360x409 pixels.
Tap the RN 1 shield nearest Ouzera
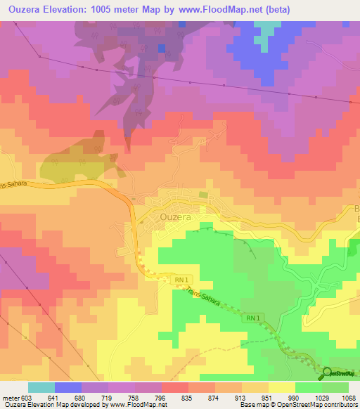181,280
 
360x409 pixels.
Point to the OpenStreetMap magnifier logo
328,372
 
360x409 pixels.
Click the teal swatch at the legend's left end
41,387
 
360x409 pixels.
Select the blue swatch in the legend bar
68,387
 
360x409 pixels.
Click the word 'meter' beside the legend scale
10,397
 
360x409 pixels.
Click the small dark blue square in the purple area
162,48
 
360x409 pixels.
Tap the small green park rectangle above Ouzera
203,195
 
